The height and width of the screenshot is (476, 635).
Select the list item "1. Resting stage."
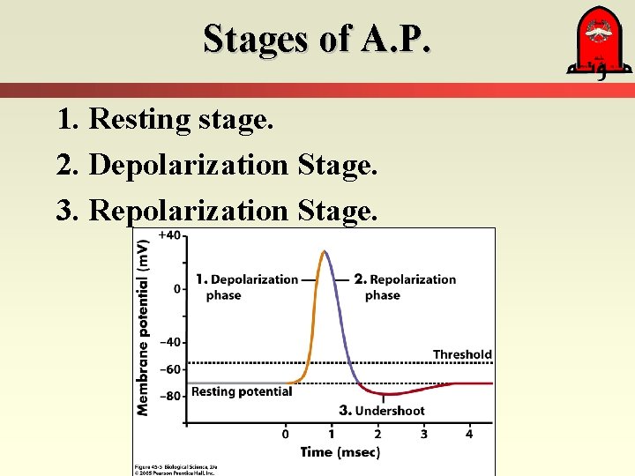coord(165,118)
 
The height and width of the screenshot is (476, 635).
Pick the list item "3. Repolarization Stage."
coord(216,210)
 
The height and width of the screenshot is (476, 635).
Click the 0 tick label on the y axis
coord(176,289)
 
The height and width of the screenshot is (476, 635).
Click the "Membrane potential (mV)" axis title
coord(143,328)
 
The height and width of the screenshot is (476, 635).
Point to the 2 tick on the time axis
coord(377,434)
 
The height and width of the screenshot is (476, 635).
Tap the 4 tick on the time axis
coord(469,434)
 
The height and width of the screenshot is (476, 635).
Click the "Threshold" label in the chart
coord(462,354)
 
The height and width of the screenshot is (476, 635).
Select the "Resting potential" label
coord(242,391)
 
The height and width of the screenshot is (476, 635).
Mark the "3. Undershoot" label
coord(382,410)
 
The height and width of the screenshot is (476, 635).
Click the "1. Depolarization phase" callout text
coord(247,287)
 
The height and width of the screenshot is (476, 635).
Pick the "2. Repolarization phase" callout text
coord(405,287)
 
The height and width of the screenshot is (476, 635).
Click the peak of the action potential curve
coord(325,252)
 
